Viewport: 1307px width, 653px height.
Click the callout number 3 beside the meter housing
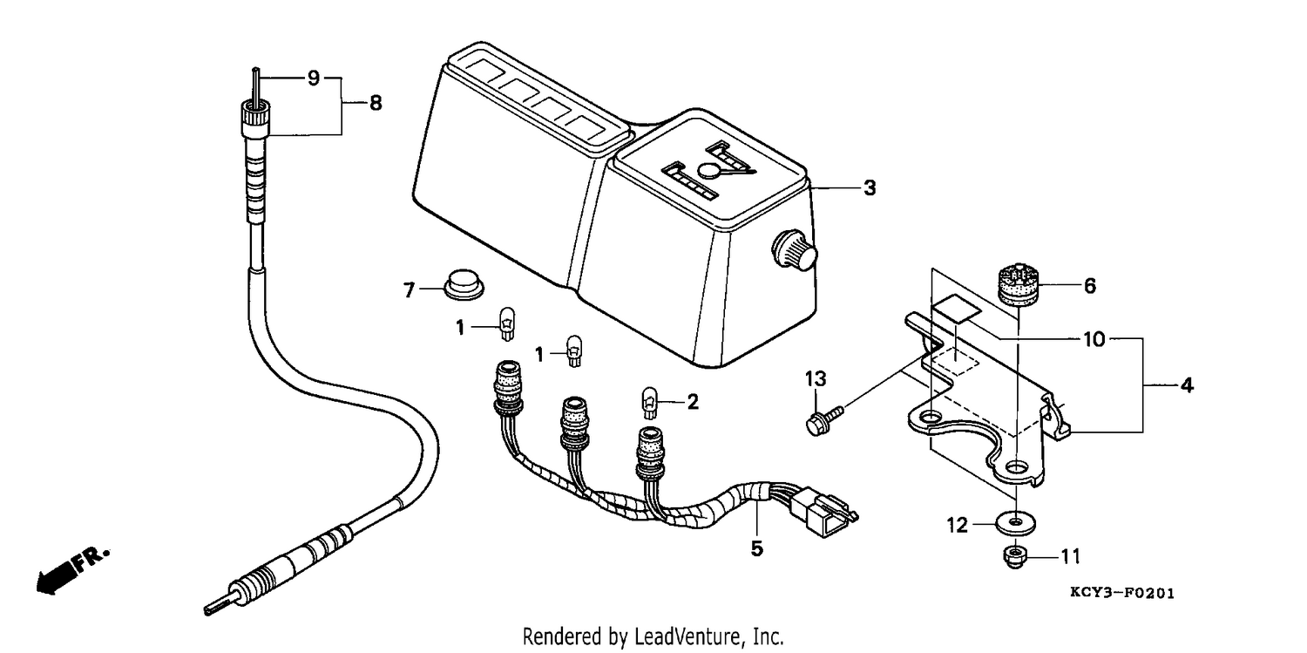tap(870, 188)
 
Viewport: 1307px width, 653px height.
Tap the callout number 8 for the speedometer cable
tap(376, 103)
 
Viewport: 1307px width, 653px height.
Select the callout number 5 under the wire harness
tap(757, 548)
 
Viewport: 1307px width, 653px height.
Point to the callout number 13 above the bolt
tap(816, 378)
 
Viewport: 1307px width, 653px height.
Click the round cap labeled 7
tap(464, 284)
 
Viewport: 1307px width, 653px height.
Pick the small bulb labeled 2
tap(649, 403)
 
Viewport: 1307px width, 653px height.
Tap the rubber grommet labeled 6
tap(1019, 284)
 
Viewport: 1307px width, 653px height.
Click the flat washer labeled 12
tap(1016, 522)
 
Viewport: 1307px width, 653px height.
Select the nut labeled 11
tap(1015, 557)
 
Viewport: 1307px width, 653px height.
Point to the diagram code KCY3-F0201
tap(1122, 594)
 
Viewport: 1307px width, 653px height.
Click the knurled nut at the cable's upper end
tap(256, 119)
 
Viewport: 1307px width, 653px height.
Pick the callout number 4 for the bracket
tap(1187, 385)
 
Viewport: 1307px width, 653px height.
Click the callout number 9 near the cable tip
tap(314, 78)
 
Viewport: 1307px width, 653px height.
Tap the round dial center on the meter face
tap(710, 169)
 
